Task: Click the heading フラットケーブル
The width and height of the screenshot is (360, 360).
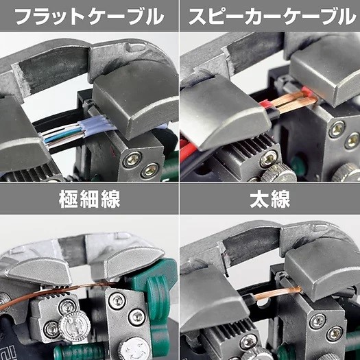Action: [x=89, y=16]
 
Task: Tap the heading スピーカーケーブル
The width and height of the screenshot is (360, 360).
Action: [x=272, y=16]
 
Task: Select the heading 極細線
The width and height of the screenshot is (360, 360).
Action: [x=90, y=199]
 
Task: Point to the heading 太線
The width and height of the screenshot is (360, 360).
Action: [x=270, y=199]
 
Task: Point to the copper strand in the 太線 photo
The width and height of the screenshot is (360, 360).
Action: [x=278, y=294]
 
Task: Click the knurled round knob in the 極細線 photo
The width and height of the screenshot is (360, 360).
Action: [x=74, y=325]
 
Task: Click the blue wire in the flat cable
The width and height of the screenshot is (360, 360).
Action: [x=61, y=136]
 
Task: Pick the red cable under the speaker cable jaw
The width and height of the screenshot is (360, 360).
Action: [x=188, y=149]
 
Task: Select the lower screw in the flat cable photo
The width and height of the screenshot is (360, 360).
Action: [x=150, y=170]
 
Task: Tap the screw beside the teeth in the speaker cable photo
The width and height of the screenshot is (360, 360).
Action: [x=269, y=158]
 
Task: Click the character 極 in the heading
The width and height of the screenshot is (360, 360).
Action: [x=69, y=199]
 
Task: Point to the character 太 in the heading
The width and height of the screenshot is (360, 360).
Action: [x=259, y=199]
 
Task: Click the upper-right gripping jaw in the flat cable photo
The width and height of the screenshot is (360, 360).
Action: [x=136, y=101]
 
